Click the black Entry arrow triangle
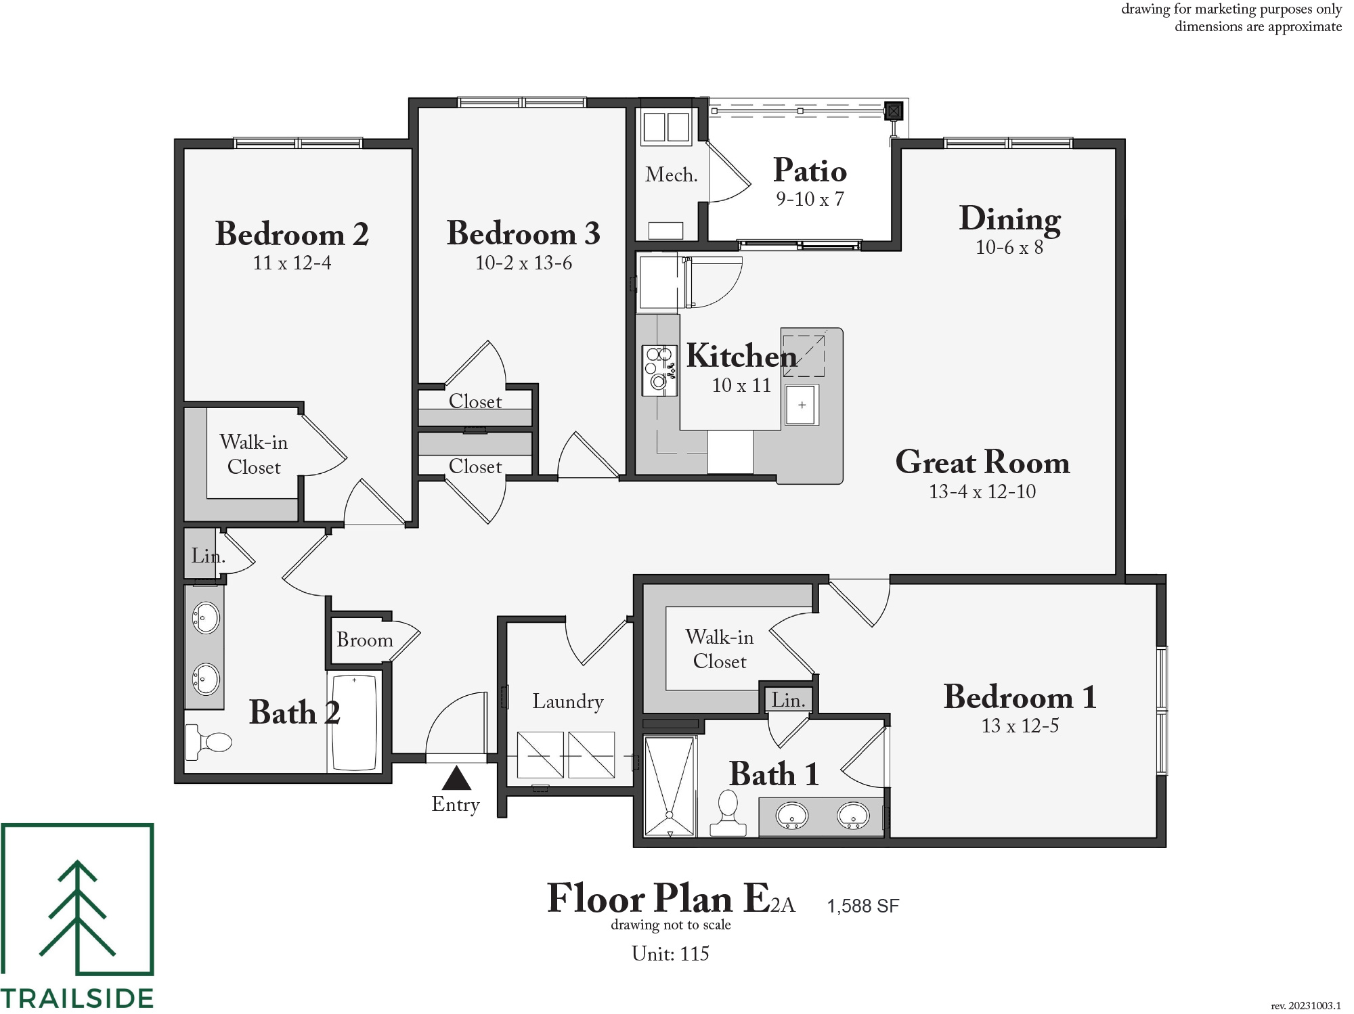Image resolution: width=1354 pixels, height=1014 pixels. [456, 778]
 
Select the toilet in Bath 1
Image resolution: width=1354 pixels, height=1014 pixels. [728, 813]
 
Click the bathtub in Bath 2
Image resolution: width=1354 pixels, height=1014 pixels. [354, 722]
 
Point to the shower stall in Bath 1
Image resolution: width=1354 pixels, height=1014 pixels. [670, 787]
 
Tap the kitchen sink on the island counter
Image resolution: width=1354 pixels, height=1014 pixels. [802, 405]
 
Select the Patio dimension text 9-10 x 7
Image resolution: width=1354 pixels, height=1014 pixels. [810, 199]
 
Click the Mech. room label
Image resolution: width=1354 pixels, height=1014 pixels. [671, 175]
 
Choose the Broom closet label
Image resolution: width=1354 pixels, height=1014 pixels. [365, 640]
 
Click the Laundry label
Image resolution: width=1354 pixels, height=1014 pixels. [567, 702]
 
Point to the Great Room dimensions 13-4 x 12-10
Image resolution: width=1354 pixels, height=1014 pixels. [982, 491]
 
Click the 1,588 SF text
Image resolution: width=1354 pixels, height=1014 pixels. [863, 906]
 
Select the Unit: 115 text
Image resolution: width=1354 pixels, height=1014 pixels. [670, 954]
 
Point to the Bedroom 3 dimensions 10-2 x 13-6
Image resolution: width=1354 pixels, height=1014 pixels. [523, 263]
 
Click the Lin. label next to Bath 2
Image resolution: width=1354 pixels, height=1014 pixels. [208, 556]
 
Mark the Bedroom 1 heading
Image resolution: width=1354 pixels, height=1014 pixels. [1020, 697]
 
